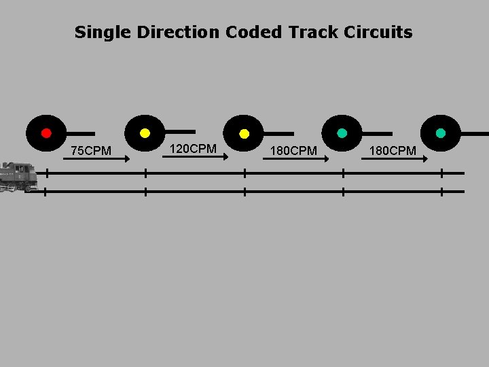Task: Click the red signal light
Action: [x=46, y=133]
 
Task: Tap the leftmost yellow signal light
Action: [x=145, y=133]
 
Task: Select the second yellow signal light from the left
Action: [x=244, y=133]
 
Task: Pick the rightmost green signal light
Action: [x=441, y=133]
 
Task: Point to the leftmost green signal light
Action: [x=342, y=133]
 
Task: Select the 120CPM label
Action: [x=193, y=148]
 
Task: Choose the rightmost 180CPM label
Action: [x=393, y=150]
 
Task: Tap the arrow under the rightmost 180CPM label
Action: [x=395, y=159]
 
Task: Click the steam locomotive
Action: [x=18, y=177]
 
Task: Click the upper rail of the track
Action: [x=272, y=173]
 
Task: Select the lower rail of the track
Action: [x=272, y=192]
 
